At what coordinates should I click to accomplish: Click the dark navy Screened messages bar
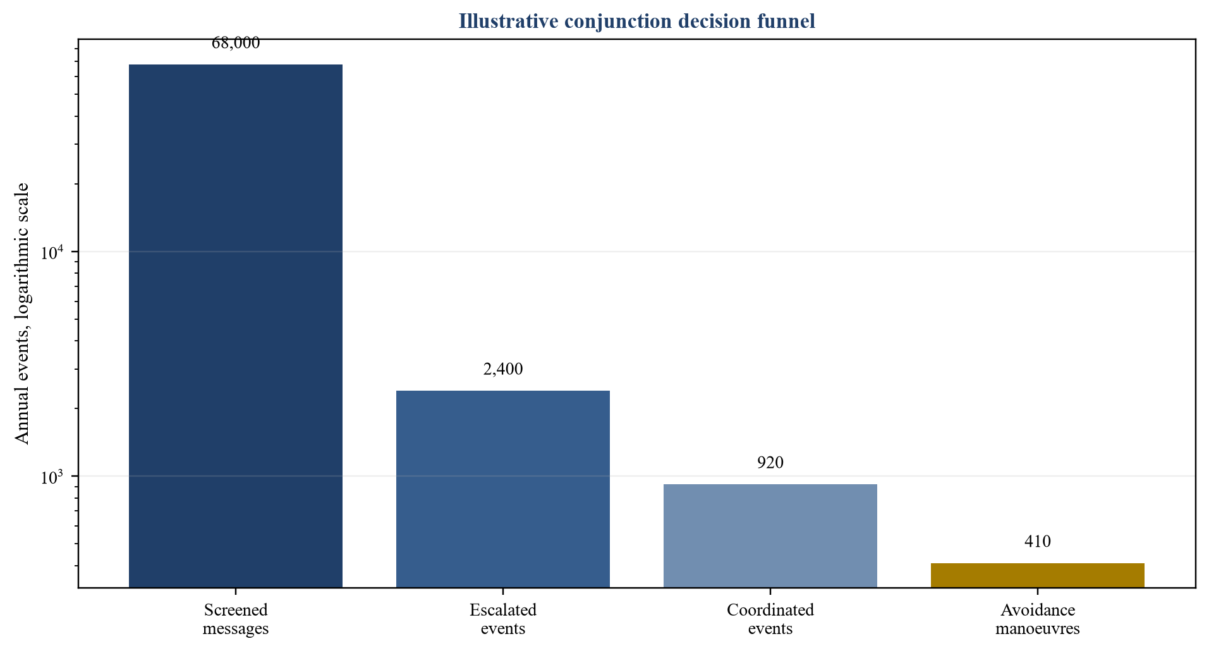point(235,326)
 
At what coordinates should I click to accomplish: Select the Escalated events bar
point(502,489)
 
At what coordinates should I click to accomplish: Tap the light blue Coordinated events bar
point(770,535)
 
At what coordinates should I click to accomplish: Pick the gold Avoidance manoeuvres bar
point(1037,575)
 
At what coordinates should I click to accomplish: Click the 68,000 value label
point(236,43)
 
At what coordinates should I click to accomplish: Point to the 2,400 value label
point(503,369)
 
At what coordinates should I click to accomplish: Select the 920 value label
point(770,463)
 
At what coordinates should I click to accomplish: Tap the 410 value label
point(1038,541)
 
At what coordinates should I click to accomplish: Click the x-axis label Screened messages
point(236,619)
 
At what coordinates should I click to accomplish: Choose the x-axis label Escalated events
point(503,619)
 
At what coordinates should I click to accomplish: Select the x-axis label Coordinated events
point(770,619)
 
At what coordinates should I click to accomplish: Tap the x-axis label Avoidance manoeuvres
point(1038,619)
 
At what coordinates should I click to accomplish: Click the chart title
point(637,21)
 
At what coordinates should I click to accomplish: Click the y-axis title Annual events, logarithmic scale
point(22,314)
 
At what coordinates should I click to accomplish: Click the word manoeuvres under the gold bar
point(1038,629)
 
